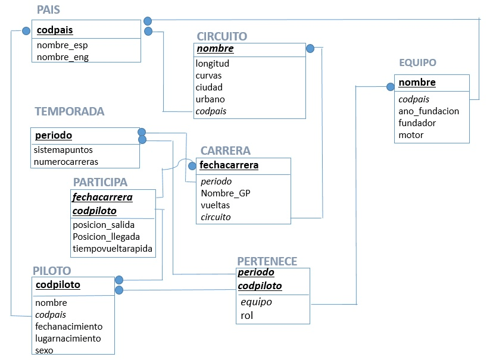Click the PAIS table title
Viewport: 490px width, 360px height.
[48, 10]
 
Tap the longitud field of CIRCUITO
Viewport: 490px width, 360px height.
[213, 63]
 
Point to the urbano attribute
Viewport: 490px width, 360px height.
[210, 99]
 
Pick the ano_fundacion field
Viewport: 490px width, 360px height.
[429, 111]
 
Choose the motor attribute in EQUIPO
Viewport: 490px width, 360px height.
[411, 135]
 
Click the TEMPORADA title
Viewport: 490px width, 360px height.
[69, 111]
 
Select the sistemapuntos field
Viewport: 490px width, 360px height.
[63, 150]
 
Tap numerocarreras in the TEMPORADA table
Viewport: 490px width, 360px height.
[66, 161]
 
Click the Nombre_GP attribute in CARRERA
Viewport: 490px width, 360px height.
[226, 193]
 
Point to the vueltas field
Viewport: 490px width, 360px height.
[216, 205]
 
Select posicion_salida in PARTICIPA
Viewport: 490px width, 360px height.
[104, 225]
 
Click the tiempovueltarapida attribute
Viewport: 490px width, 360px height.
[113, 248]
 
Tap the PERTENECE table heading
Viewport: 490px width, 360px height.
[267, 261]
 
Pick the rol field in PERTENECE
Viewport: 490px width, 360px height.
[246, 315]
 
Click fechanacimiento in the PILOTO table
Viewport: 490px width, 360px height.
[69, 326]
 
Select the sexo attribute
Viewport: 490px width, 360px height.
[45, 350]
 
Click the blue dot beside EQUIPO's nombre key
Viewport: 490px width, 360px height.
[390, 87]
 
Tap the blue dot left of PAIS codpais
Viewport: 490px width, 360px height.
[26, 30]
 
